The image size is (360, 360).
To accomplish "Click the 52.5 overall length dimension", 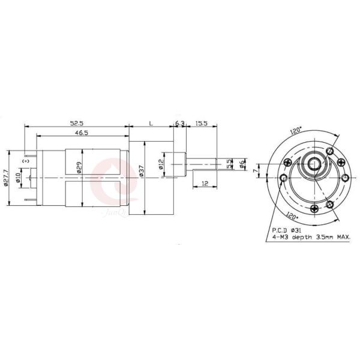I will tap(76, 122).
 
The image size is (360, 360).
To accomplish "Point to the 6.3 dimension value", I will tap(179, 122).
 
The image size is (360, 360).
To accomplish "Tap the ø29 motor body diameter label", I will tap(79, 167).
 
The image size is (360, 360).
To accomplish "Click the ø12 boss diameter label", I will tap(162, 164).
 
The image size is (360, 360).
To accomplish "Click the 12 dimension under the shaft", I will tap(205, 184).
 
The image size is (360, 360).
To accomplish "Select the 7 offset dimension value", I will tap(255, 172).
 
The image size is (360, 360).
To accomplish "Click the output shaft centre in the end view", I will tap(313, 164).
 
